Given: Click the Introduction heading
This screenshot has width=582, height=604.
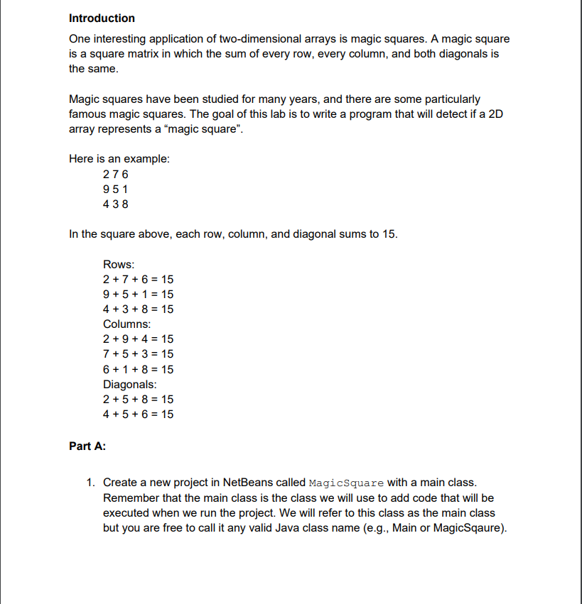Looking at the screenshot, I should click(102, 18).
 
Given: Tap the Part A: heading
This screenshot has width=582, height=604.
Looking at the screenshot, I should click(87, 446).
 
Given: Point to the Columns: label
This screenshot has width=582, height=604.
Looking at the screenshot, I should click(126, 324).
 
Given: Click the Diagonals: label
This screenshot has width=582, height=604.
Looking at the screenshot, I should click(130, 384).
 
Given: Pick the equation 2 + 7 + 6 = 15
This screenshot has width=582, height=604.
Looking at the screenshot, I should click(138, 280).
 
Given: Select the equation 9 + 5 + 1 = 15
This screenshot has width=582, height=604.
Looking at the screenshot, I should click(138, 295).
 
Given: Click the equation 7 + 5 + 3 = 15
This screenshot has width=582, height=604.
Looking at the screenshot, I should click(138, 354).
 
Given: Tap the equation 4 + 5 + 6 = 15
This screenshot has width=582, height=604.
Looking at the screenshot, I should click(138, 414).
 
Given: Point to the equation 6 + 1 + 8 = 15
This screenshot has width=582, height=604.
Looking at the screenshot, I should click(138, 369).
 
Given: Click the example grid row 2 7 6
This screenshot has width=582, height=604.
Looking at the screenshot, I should click(116, 175).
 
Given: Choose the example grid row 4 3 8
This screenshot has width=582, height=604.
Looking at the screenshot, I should click(116, 204).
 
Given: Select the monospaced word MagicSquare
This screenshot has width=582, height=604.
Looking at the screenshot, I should click(347, 483).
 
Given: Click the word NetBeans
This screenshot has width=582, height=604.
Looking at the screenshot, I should click(246, 483).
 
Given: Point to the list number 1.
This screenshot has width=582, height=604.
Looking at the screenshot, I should click(90, 483).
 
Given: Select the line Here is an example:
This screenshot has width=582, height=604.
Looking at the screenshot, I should click(119, 159).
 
